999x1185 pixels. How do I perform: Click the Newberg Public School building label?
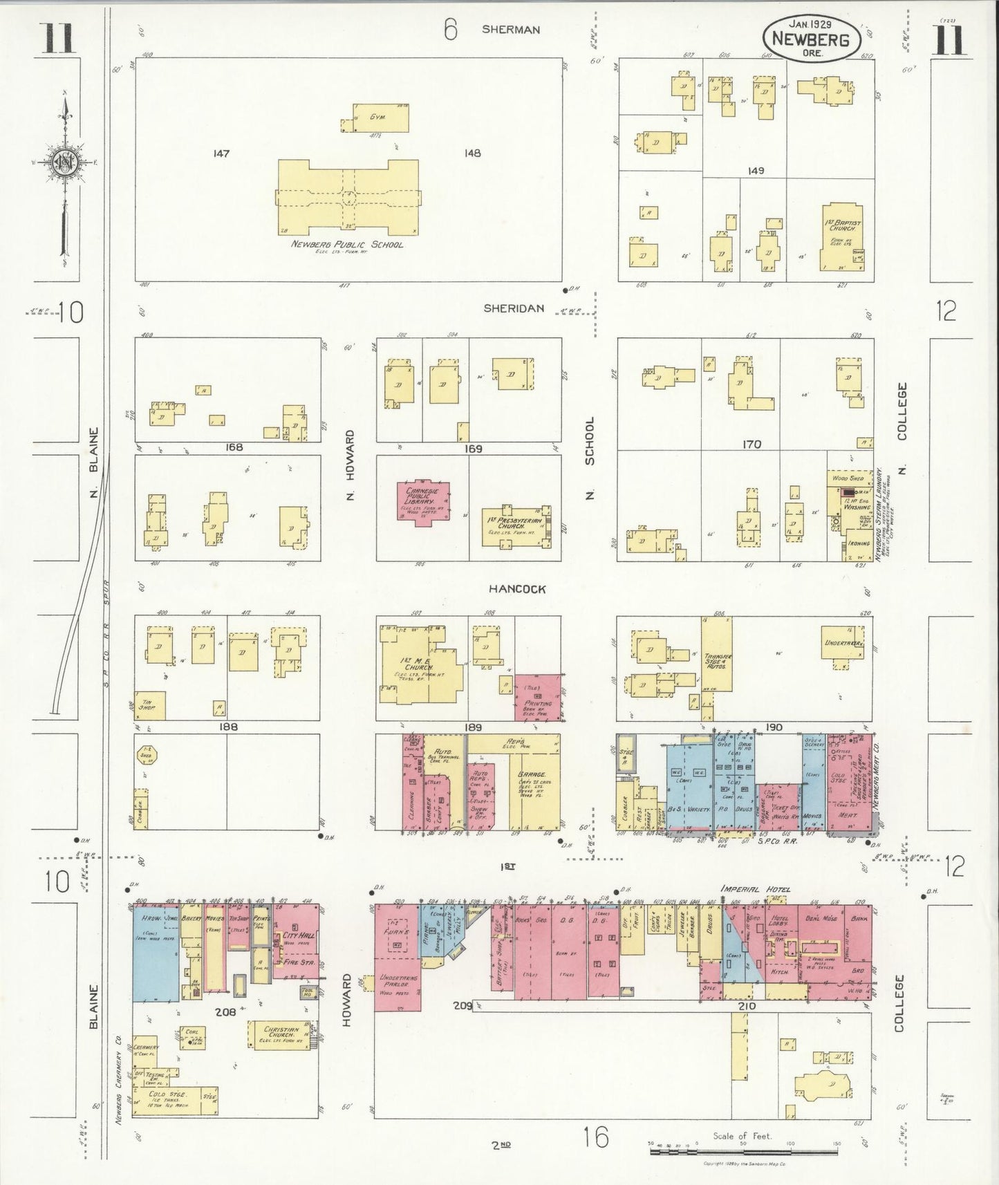[x=346, y=244]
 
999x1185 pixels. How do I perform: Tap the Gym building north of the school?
[x=380, y=118]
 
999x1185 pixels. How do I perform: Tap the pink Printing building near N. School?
[x=537, y=697]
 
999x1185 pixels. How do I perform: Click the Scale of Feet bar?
[x=744, y=1146]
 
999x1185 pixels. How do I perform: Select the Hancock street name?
[x=517, y=589]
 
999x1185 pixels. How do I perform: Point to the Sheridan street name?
[x=513, y=308]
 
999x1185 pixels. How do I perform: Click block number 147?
[x=221, y=153]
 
